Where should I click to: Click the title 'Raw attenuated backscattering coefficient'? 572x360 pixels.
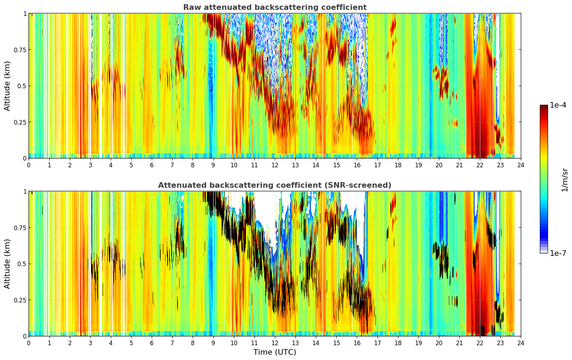tap(275, 7)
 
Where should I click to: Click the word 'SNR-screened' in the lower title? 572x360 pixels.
tap(358, 185)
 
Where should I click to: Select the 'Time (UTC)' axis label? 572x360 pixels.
tap(275, 352)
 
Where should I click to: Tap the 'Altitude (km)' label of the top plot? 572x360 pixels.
tap(7, 86)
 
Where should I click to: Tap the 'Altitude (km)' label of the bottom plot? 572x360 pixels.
tap(7, 264)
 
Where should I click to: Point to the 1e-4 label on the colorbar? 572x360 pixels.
tap(558, 105)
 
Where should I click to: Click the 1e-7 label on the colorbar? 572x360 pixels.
tap(558, 253)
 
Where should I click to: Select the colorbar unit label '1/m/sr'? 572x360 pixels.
tap(565, 180)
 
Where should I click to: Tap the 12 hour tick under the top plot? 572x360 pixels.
tap(275, 166)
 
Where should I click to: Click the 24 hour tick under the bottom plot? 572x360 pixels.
tap(521, 343)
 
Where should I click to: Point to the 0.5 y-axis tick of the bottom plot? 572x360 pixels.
tap(22, 264)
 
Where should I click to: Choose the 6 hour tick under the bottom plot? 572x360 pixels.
tap(152, 343)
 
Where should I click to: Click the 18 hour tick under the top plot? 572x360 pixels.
tap(398, 166)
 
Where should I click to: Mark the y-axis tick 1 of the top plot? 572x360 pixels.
tap(25, 14)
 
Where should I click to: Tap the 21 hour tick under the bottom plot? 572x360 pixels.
tap(459, 343)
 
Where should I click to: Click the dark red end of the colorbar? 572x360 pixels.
tap(544, 107)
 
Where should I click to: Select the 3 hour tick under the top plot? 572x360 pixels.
tap(90, 166)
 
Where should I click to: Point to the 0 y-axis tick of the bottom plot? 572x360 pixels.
tap(25, 336)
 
